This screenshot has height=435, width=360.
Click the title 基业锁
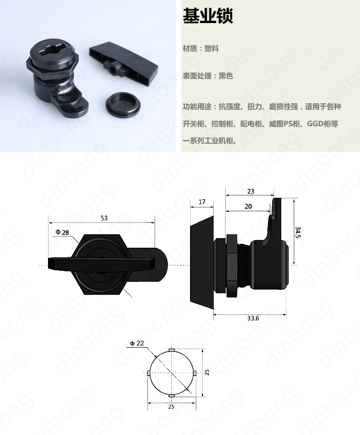208,15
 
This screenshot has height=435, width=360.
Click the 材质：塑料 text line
201,48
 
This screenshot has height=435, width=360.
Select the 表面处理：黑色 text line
208,76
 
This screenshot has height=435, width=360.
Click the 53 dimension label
104,218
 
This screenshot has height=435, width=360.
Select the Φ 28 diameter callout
62,232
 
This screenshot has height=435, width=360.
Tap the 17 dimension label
202,202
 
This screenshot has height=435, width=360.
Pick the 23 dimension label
251,192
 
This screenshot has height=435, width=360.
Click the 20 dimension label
248,206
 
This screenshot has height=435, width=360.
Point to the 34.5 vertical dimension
298,232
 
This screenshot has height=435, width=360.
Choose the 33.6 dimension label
253,318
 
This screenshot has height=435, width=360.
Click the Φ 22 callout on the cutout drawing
137,343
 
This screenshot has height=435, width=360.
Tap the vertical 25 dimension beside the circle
207,372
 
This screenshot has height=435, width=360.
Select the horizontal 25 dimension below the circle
171,406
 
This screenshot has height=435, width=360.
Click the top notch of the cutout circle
172,350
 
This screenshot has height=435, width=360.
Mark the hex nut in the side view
232,266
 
